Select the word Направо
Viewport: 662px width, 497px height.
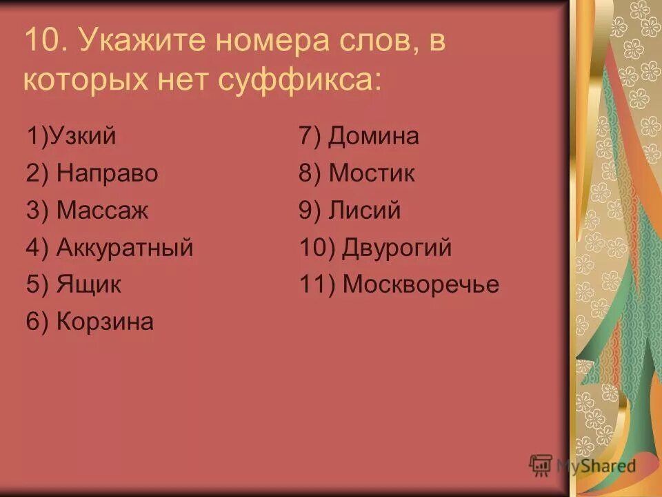107,173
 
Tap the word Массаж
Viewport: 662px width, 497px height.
102,211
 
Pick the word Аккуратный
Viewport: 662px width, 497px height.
125,248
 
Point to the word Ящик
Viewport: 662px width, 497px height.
89,284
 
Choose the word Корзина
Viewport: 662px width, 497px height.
105,322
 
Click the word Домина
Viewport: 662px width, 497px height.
373,136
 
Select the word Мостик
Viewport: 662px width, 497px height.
372,173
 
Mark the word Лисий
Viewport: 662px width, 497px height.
364,211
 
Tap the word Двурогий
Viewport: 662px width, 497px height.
397,248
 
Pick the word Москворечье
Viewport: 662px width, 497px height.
421,284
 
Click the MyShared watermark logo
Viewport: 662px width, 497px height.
582,465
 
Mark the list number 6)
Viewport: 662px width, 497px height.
38,322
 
